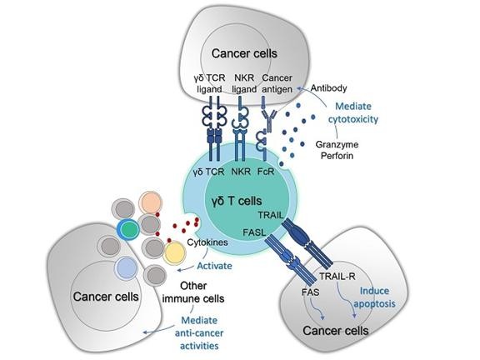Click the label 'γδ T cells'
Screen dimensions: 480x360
pyautogui.click(x=237, y=201)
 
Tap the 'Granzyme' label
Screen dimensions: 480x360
pyautogui.click(x=337, y=144)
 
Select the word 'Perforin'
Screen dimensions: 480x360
pyautogui.click(x=337, y=156)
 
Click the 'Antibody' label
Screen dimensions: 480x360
pyautogui.click(x=329, y=88)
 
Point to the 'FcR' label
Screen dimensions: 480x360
pyautogui.click(x=266, y=172)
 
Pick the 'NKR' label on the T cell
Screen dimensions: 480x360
pyautogui.click(x=241, y=172)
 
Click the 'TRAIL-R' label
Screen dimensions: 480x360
pyautogui.click(x=337, y=277)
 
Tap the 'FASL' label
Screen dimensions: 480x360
pyautogui.click(x=254, y=232)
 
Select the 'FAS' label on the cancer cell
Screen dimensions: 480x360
pyautogui.click(x=310, y=292)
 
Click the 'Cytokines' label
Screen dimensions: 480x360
pyautogui.click(x=207, y=242)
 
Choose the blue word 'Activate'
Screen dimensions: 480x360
pyautogui.click(x=214, y=266)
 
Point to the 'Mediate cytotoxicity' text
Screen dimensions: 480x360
pyautogui.click(x=353, y=112)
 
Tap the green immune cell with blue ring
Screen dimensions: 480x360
pyautogui.click(x=128, y=229)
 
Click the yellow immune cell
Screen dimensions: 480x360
pyautogui.click(x=174, y=252)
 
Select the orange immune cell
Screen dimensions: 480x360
pyautogui.click(x=150, y=202)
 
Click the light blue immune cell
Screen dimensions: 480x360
pyautogui.click(x=126, y=267)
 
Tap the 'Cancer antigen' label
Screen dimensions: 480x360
pyautogui.click(x=277, y=83)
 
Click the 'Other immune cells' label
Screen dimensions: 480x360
pyautogui.click(x=193, y=292)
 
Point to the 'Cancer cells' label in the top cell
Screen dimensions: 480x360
pyautogui.click(x=244, y=53)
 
